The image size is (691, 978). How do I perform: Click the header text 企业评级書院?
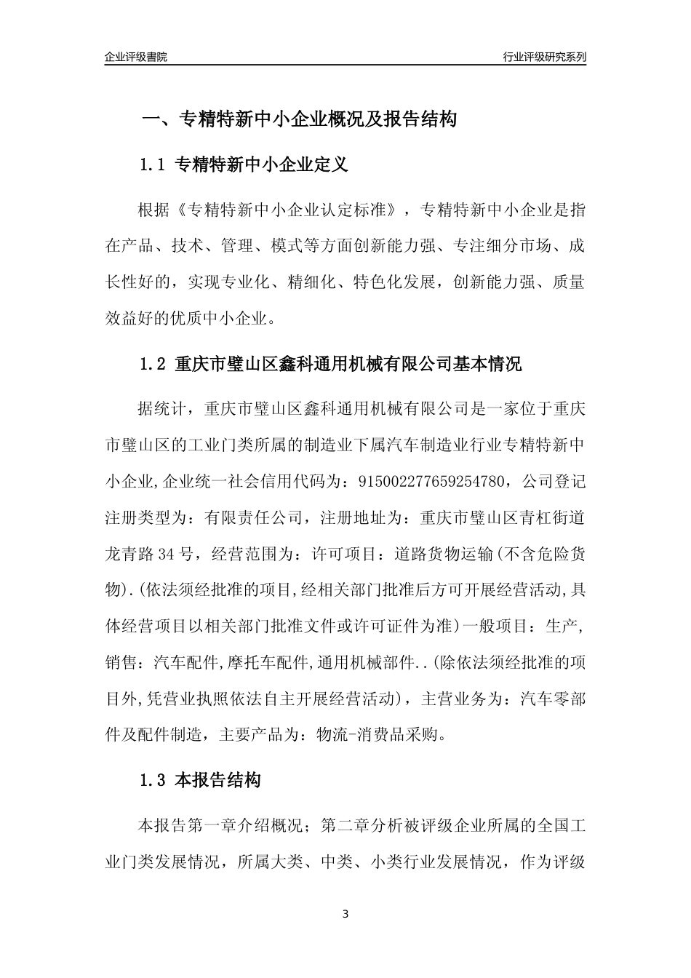pyautogui.click(x=135, y=57)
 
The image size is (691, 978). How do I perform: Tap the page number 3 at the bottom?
pyautogui.click(x=345, y=914)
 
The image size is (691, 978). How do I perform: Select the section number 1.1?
pyautogui.click(x=153, y=164)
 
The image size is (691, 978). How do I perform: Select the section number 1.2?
pyautogui.click(x=153, y=364)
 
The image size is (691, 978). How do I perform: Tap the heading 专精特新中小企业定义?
pyautogui.click(x=262, y=164)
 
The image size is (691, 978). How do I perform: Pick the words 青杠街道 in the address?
pyautogui.click(x=553, y=517)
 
